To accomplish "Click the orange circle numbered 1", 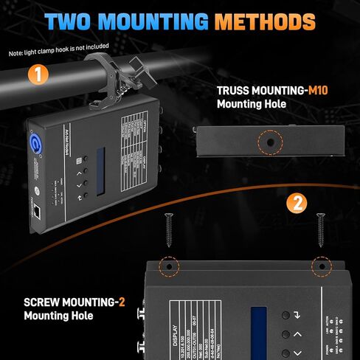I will tap(36, 74).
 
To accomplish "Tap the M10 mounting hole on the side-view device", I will tap(271, 140).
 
